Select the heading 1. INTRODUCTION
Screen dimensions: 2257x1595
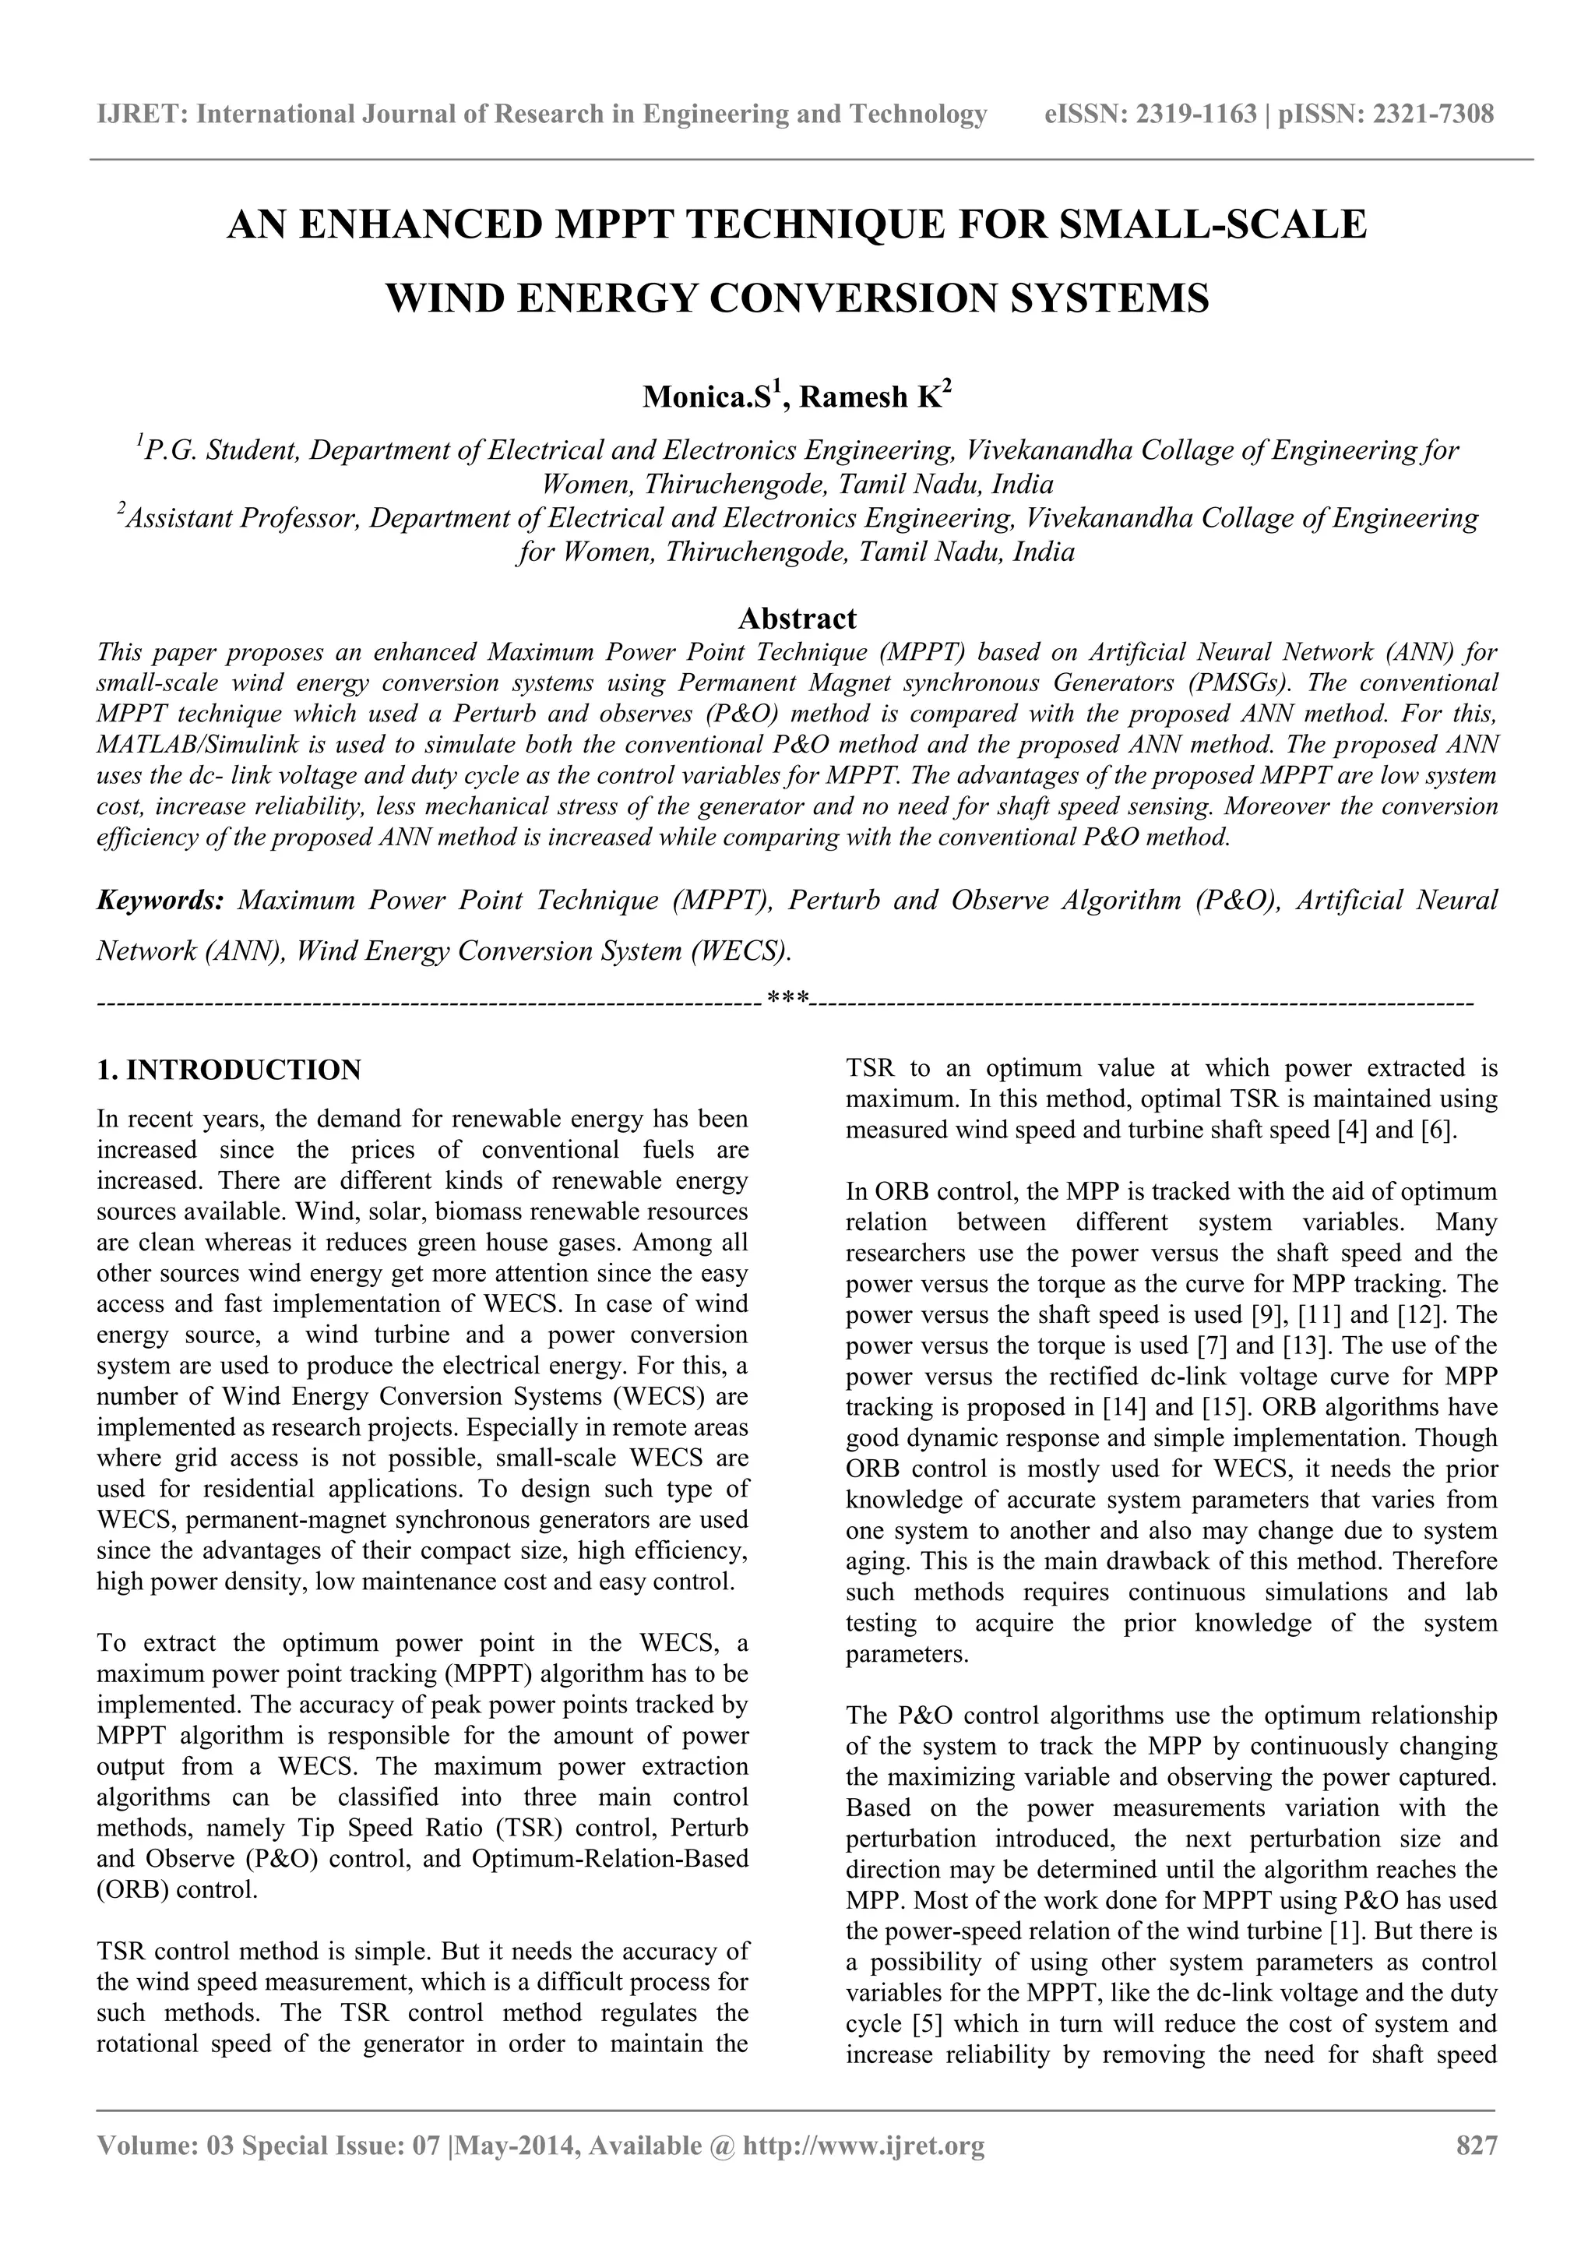click(x=229, y=1070)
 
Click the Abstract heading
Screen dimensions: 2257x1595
click(x=797, y=619)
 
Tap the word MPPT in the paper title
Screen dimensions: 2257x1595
click(x=617, y=225)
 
